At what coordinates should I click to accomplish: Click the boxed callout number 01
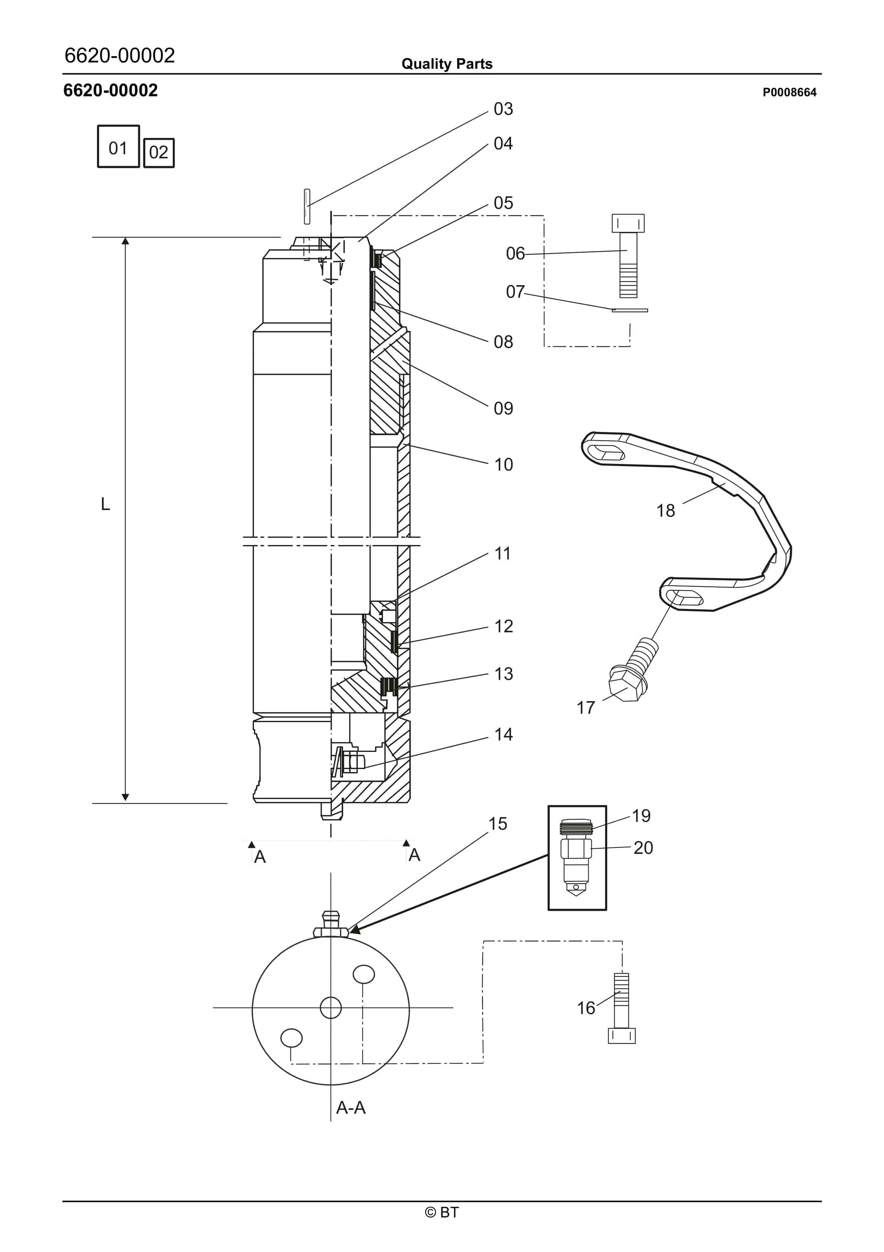(118, 148)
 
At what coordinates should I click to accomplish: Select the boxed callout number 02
(159, 152)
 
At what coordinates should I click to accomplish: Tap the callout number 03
(503, 109)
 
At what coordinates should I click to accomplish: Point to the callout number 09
(503, 409)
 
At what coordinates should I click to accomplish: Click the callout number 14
(503, 735)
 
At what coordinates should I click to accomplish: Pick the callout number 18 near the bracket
(666, 511)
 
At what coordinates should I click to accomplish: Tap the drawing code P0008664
(789, 92)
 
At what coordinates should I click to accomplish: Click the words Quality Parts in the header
(447, 64)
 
